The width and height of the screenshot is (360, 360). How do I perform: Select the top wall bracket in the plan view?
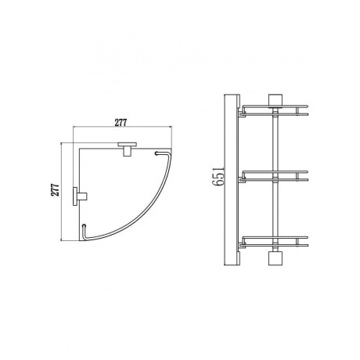point(126,146)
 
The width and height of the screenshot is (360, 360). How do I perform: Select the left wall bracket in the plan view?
point(79,196)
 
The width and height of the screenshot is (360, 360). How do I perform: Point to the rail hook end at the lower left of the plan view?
point(85,228)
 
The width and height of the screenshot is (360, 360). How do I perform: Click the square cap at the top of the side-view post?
point(274,99)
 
